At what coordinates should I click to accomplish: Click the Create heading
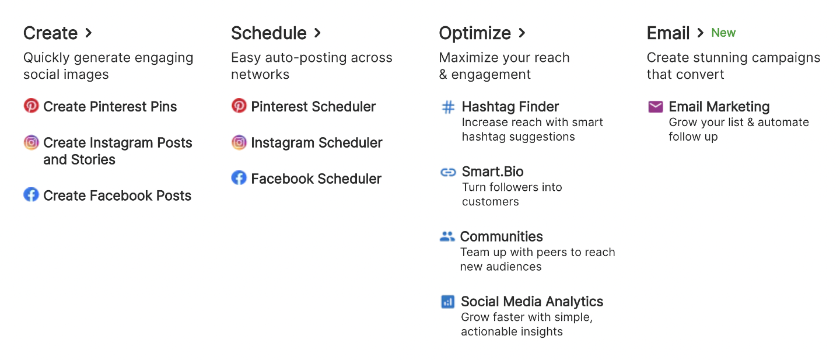click(50, 33)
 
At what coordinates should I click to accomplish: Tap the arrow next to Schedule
click(317, 33)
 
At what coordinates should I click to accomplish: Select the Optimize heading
click(475, 33)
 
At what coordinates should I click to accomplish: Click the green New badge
click(723, 33)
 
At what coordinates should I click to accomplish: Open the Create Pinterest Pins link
click(110, 107)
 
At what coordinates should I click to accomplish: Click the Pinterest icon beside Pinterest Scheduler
click(239, 106)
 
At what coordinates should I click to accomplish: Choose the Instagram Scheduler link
click(317, 142)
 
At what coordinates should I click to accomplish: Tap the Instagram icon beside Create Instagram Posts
click(31, 142)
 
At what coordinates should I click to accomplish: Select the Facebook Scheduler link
click(316, 179)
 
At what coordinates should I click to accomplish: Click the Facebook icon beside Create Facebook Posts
click(31, 195)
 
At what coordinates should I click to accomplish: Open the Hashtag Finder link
click(510, 107)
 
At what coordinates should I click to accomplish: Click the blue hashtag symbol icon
click(448, 107)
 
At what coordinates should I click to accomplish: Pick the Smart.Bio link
click(493, 172)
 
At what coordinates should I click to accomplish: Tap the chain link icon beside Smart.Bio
click(448, 172)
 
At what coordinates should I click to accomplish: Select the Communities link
click(502, 236)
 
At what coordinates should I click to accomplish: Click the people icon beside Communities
click(447, 236)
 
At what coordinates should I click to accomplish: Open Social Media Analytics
click(532, 302)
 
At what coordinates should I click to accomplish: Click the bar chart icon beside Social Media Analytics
click(448, 302)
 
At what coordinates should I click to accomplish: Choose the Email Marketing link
click(719, 107)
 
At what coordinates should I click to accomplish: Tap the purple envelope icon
click(656, 107)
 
